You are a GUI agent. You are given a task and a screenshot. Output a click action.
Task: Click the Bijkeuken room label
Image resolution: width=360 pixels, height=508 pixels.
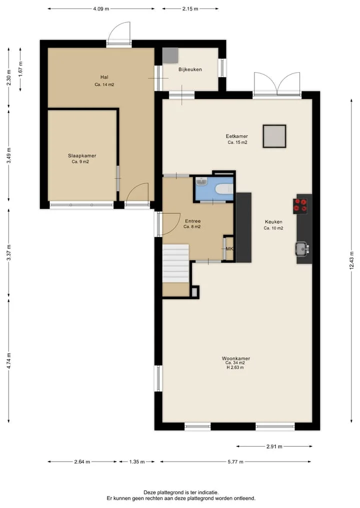click(190, 69)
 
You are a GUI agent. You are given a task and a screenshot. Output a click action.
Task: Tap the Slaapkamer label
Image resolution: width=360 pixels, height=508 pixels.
click(82, 155)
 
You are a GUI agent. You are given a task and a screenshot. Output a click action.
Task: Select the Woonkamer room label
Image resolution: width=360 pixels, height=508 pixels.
click(236, 358)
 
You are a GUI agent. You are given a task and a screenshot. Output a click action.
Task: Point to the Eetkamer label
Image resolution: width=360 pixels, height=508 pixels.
click(237, 136)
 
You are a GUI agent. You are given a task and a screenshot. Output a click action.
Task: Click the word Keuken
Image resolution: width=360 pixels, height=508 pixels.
click(273, 222)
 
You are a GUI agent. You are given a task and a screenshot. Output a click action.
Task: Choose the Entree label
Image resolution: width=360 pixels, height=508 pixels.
click(192, 221)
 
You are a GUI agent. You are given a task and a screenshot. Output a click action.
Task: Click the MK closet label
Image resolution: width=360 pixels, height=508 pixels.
click(229, 249)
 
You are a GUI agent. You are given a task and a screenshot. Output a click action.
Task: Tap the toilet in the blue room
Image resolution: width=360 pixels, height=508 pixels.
click(224, 188)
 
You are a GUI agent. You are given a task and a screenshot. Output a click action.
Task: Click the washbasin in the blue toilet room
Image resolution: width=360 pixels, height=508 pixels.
click(201, 182)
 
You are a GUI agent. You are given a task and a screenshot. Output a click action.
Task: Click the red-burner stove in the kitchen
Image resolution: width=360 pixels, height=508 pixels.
click(300, 206)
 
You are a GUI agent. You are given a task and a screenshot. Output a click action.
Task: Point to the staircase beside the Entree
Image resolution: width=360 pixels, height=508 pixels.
click(175, 263)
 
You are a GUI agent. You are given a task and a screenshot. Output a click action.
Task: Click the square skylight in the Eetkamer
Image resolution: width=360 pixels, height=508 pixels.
click(274, 136)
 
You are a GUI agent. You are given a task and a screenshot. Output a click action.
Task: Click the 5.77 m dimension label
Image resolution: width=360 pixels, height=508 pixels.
click(235, 462)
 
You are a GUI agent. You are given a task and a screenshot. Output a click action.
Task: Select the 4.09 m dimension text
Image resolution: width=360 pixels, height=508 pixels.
click(101, 9)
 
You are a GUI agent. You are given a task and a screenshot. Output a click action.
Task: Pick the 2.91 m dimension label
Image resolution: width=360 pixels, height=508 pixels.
click(274, 447)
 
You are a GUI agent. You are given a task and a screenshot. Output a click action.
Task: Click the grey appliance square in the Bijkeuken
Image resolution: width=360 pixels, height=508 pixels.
click(170, 55)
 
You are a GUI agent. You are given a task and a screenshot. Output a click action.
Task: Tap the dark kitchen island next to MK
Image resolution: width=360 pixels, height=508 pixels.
click(243, 227)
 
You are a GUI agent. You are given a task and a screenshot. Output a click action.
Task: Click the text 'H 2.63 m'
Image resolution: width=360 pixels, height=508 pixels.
click(235, 368)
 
